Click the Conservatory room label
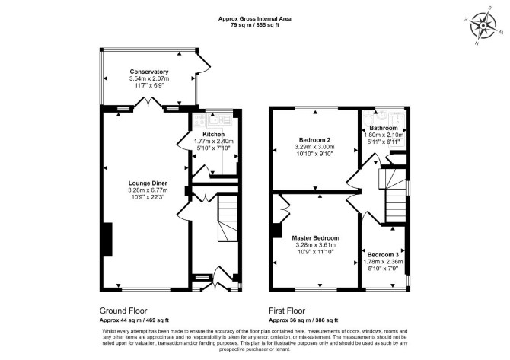pos(149,72)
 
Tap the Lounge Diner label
pos(148,183)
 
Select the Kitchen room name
pos(213,134)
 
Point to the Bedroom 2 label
pos(315,140)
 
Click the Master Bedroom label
pos(315,238)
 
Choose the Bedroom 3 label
pos(383,255)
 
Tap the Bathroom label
pos(384,128)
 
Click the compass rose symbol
pos(483,25)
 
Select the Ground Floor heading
pos(123,311)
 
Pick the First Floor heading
pos(287,311)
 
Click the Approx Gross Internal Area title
pos(255,19)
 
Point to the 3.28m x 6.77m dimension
pos(148,190)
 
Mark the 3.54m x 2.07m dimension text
pos(149,78)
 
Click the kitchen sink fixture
pos(219,119)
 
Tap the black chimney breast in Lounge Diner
pos(107,239)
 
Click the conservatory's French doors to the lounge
pos(148,102)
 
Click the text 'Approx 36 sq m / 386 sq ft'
pos(304,320)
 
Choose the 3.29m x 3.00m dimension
pos(315,147)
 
